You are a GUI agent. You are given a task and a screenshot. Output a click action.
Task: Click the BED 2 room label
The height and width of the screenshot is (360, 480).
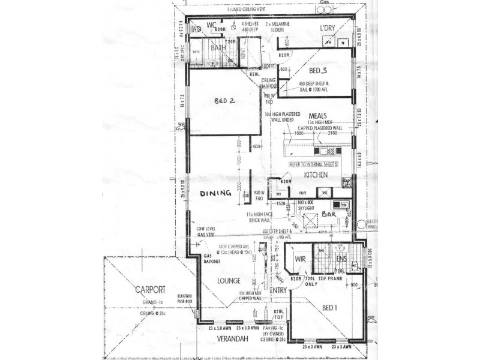tap(224, 101)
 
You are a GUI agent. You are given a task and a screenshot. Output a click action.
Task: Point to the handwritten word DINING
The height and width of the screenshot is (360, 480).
tap(216, 193)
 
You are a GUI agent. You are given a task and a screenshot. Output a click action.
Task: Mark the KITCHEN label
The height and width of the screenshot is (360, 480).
tap(315, 175)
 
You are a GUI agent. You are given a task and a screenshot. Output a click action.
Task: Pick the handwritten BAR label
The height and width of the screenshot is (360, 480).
tap(327, 214)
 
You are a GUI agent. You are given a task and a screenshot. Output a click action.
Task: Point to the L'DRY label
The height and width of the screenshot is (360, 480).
tap(327, 28)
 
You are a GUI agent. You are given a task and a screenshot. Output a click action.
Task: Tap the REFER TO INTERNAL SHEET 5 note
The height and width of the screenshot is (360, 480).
tap(314, 163)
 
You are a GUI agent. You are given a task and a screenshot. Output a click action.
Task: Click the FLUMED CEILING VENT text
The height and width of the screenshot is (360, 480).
tap(246, 11)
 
